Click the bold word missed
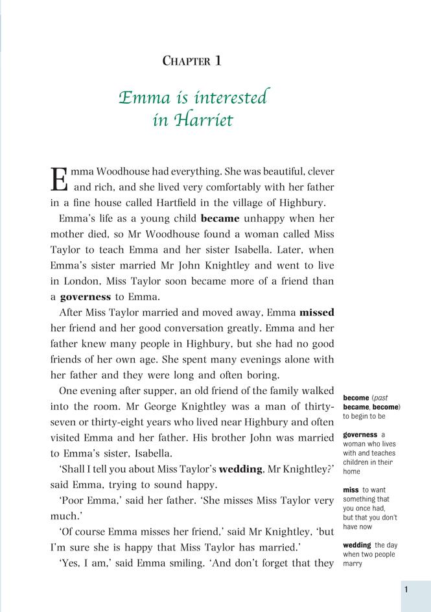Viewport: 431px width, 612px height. coord(317,312)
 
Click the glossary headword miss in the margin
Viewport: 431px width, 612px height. coord(351,489)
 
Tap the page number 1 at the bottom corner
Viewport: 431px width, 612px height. coord(406,589)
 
